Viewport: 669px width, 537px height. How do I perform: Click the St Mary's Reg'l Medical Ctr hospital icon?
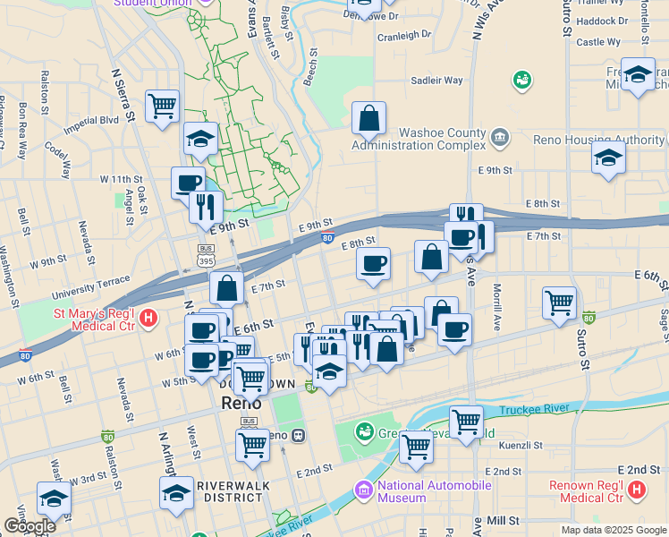(149, 317)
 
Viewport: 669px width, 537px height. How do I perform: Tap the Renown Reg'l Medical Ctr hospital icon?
(636, 490)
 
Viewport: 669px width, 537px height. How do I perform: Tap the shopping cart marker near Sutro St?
(559, 303)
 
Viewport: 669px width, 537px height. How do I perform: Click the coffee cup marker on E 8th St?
(373, 263)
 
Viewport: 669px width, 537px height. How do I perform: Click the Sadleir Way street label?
(436, 81)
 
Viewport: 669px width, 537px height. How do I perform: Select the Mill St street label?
(504, 520)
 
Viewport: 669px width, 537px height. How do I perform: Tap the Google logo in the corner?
(29, 525)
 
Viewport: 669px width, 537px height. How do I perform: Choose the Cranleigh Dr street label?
(403, 37)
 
